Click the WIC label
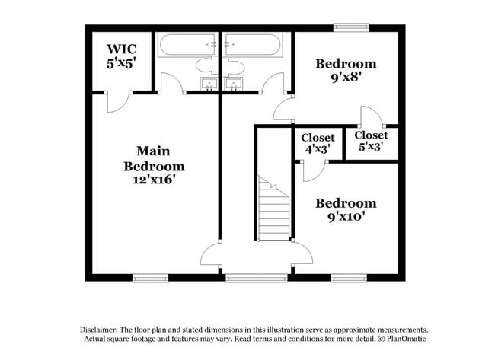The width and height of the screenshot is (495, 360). [x=122, y=50]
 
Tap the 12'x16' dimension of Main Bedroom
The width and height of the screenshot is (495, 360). [x=154, y=180]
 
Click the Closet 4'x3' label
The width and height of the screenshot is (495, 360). [x=318, y=143]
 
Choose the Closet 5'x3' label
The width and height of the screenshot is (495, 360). [x=370, y=141]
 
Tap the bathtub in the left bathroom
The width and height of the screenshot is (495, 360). [x=187, y=45]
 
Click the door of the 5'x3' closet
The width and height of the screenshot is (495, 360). [x=370, y=116]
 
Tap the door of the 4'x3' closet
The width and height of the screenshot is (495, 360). [x=312, y=170]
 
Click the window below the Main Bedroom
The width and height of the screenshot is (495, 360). [x=151, y=278]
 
